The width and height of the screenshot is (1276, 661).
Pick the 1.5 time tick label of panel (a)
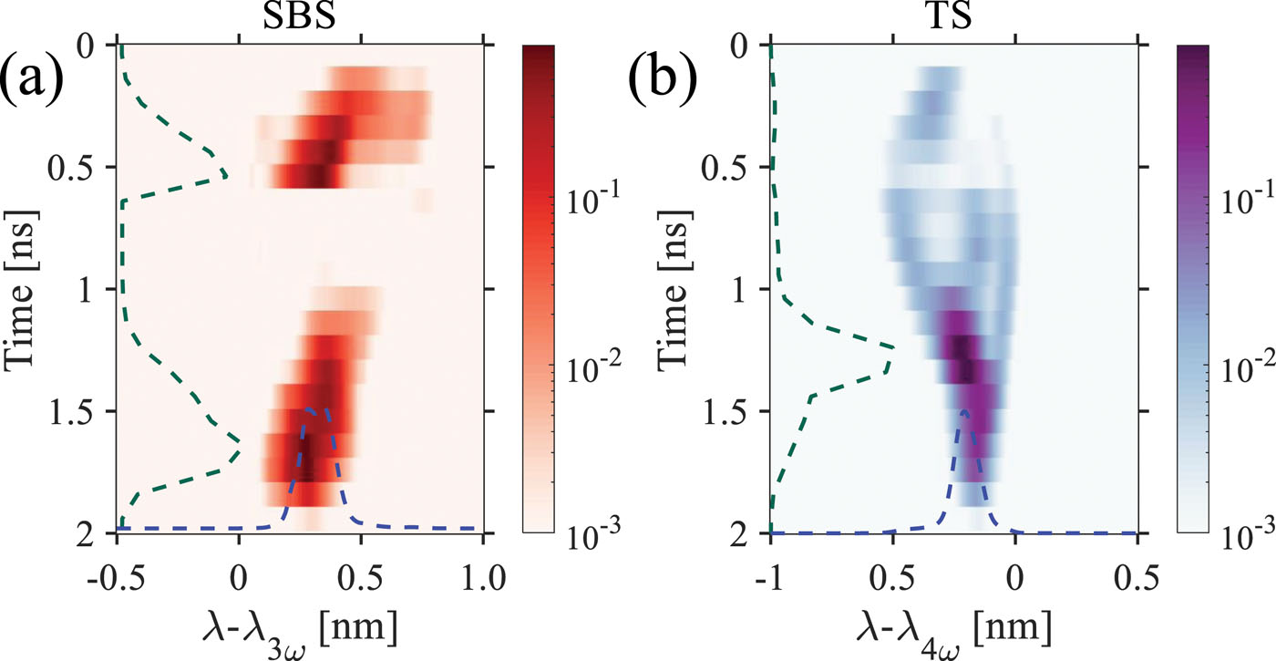tap(85, 411)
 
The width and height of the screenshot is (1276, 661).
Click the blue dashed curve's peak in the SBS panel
tap(311, 409)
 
